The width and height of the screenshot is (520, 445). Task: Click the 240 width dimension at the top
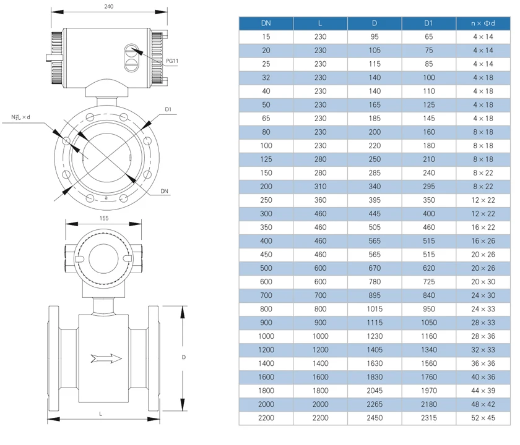click(x=109, y=6)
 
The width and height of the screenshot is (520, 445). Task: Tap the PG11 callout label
click(x=172, y=61)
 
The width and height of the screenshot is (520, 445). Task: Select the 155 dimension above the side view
click(x=104, y=218)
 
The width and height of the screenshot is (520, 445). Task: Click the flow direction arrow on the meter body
click(x=106, y=358)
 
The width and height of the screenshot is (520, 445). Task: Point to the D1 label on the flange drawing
click(x=168, y=109)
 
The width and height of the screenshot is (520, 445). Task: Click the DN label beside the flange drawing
click(x=164, y=191)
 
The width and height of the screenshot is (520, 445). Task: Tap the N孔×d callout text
click(x=20, y=117)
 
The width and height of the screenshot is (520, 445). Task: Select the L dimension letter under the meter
click(x=100, y=414)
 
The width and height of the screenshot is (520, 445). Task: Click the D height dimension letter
click(x=183, y=357)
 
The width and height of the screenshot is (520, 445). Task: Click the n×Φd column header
click(x=483, y=23)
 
